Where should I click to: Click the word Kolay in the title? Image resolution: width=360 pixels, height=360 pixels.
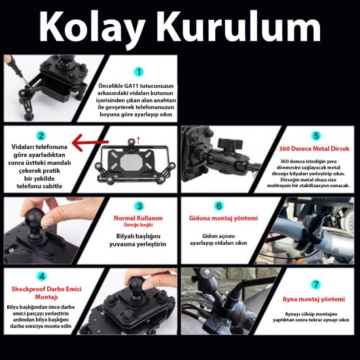point(98,28)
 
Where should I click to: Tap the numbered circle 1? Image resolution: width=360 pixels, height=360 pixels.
point(139,72)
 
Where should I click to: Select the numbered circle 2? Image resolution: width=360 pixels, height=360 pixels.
point(41,136)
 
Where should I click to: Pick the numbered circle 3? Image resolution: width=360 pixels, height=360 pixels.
point(139,206)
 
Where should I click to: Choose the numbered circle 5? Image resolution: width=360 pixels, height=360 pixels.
point(315,136)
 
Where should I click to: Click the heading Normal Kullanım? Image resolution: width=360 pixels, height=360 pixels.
point(139,218)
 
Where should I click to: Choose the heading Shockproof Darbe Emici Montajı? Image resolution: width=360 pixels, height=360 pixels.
point(41,292)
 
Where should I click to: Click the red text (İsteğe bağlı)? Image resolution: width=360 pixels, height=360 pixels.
point(139,226)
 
